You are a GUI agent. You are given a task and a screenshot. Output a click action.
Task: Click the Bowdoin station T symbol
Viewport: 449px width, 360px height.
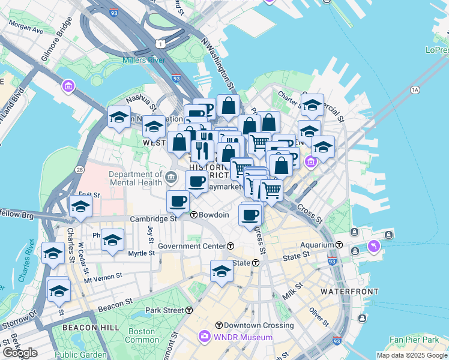(194, 215)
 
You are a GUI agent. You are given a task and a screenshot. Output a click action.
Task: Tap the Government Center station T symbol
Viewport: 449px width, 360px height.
(231, 246)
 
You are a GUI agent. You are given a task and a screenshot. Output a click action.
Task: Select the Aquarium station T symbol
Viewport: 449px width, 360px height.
(339, 245)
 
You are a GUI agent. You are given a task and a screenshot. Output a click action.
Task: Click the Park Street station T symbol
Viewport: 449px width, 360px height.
(188, 310)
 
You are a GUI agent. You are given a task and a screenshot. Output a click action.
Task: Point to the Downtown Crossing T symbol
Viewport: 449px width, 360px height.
(219, 325)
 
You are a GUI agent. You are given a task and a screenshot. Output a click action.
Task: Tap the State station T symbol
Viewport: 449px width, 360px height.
(255, 263)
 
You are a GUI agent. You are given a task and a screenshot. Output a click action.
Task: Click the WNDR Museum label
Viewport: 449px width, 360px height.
(243, 337)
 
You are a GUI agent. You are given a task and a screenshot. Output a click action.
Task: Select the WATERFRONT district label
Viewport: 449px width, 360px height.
(349, 291)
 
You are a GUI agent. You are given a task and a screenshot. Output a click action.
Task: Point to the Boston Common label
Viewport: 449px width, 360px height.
(142, 335)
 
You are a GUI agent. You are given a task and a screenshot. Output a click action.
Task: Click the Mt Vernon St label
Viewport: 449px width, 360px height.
(103, 277)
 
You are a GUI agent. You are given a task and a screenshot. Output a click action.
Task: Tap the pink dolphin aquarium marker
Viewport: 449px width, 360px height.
(374, 247)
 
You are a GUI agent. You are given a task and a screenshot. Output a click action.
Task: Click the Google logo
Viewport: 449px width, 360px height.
(19, 353)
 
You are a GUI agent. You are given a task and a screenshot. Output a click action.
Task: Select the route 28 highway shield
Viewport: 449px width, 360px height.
(80, 170)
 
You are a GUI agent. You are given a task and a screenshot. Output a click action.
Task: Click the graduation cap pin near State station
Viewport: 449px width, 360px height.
(221, 271)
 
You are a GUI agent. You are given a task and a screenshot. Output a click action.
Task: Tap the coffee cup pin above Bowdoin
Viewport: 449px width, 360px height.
(178, 201)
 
